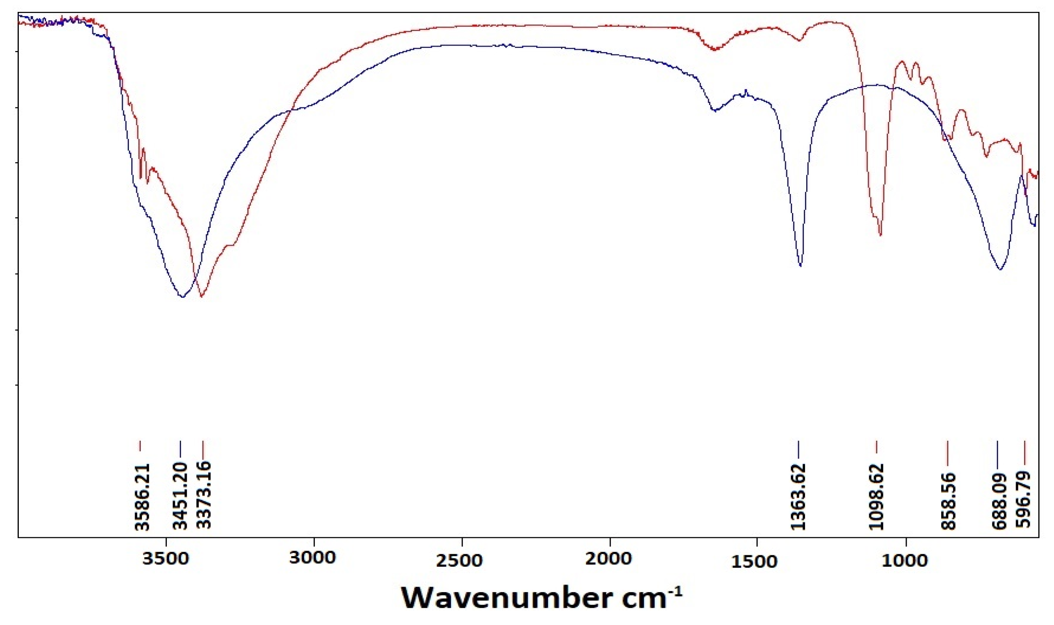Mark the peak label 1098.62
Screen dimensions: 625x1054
click(x=876, y=497)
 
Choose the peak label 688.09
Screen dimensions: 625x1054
click(x=998, y=502)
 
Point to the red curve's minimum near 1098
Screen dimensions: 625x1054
click(x=880, y=235)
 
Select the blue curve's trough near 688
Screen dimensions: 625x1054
click(x=1000, y=269)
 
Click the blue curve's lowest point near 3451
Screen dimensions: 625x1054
click(x=182, y=297)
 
